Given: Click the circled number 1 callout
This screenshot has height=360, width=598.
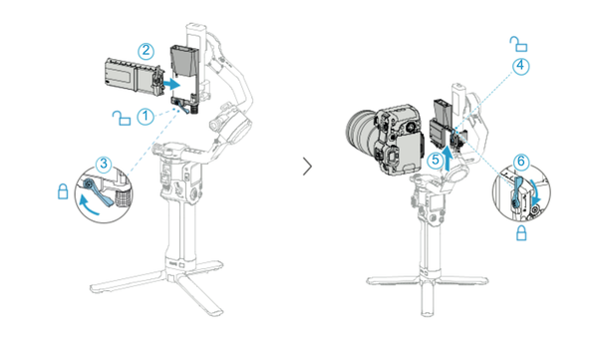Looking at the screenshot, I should click(147, 116).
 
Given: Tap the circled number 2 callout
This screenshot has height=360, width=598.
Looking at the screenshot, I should click(147, 48).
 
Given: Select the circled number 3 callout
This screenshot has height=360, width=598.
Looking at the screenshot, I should click(104, 163).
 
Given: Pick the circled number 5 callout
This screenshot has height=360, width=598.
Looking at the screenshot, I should click(434, 160).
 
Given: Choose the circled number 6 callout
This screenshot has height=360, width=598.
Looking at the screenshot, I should click(520, 161).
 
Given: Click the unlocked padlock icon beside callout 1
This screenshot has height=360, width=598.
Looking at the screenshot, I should click(120, 119).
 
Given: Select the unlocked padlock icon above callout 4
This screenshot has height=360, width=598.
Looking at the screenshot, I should click(516, 42).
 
